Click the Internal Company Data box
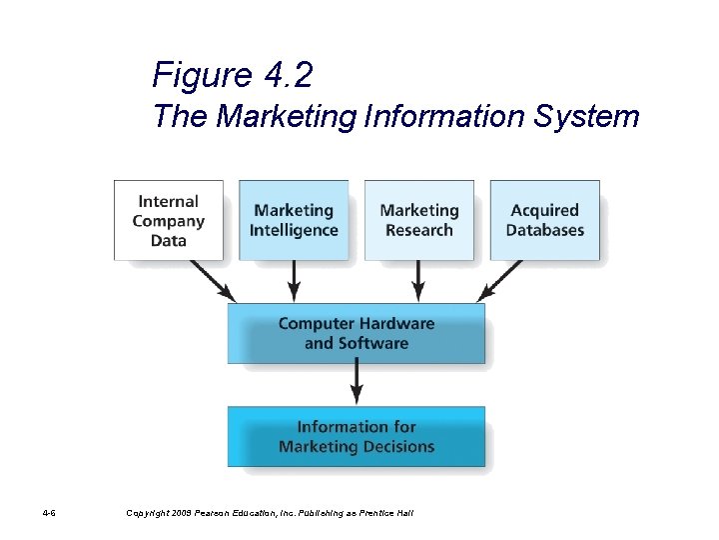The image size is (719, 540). point(169,220)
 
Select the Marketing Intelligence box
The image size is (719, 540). point(294,220)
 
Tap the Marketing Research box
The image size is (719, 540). point(419,220)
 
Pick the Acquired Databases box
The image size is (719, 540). point(545,220)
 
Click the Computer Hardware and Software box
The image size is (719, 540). point(357,333)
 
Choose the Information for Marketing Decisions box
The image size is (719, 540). point(357,437)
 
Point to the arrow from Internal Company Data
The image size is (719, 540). point(212,281)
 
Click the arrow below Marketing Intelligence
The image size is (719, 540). point(294,281)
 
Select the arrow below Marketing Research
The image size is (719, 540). point(419,281)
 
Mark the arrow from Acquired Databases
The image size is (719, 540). point(502,281)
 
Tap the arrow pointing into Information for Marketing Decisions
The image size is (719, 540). point(357,384)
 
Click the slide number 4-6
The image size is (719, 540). point(49,513)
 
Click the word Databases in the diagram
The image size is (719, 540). point(545,230)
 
